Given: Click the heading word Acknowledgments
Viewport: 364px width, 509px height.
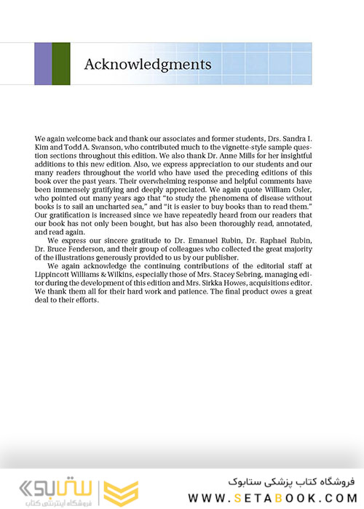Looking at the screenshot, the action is coord(148,64).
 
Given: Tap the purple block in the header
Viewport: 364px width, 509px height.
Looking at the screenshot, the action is coord(43,64).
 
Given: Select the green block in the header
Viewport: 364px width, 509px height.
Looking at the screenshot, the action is coord(61,64).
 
